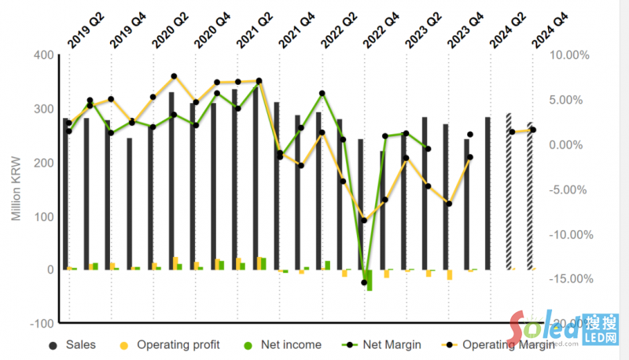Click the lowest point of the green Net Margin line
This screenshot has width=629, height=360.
coord(365,282)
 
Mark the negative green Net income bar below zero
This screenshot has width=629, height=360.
coord(369,280)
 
